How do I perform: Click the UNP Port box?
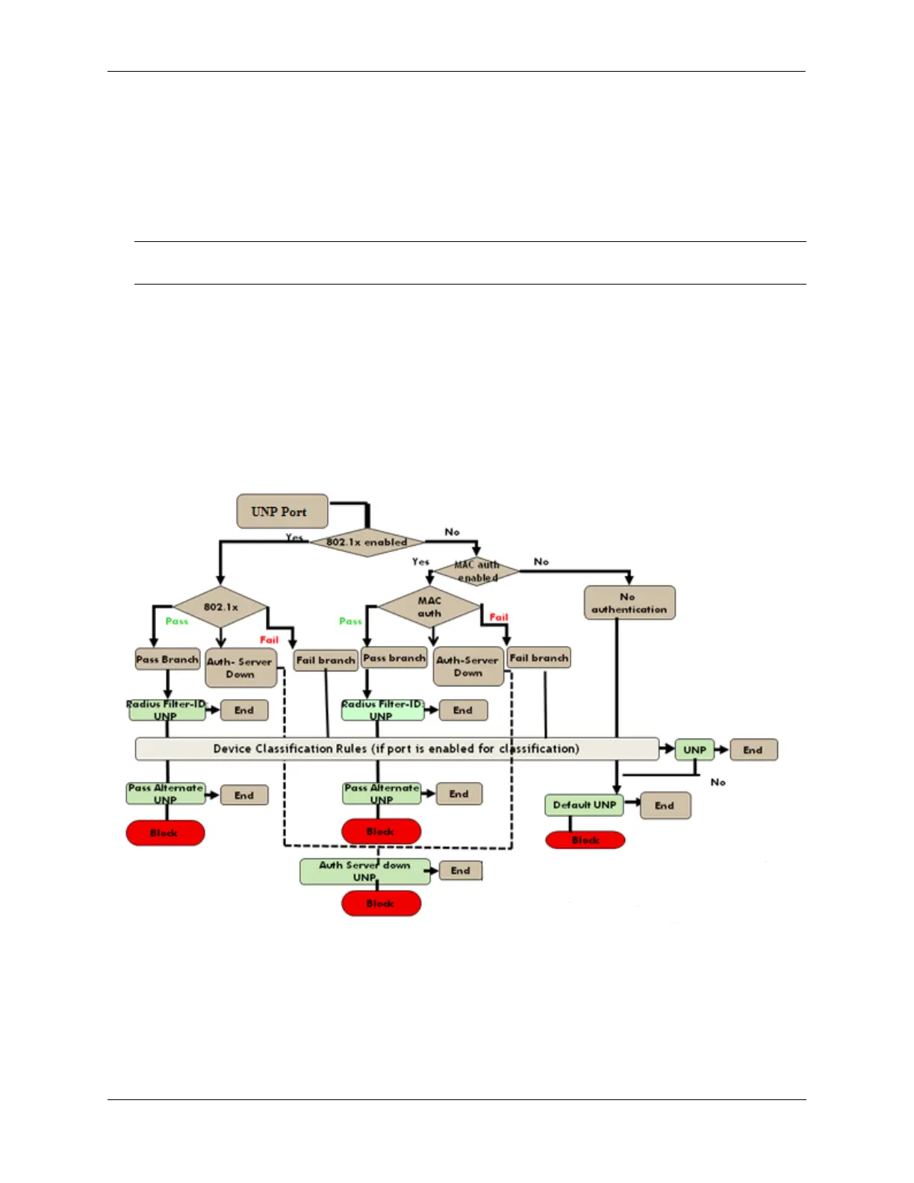[x=282, y=512]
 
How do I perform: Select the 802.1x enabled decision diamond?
[x=367, y=541]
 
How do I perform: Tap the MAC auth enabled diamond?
[x=477, y=571]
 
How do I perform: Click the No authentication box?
[x=629, y=603]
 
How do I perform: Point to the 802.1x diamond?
[x=220, y=607]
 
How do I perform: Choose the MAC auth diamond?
[x=429, y=606]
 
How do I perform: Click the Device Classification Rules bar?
[x=396, y=748]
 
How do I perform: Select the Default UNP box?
[x=584, y=805]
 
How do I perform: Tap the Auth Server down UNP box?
[x=364, y=871]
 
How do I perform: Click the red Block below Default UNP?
[x=585, y=840]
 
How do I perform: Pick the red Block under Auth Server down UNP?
[x=381, y=904]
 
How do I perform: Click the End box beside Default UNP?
[x=665, y=806]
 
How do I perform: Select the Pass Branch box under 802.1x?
[x=167, y=659]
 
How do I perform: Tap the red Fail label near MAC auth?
[x=499, y=618]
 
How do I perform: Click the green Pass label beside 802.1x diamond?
[x=177, y=621]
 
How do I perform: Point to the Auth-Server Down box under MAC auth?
[x=467, y=666]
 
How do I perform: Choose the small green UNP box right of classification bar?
[x=694, y=750]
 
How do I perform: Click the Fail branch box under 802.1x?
[x=326, y=660]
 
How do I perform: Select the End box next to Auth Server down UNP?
[x=460, y=871]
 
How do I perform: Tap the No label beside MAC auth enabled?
[x=541, y=562]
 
